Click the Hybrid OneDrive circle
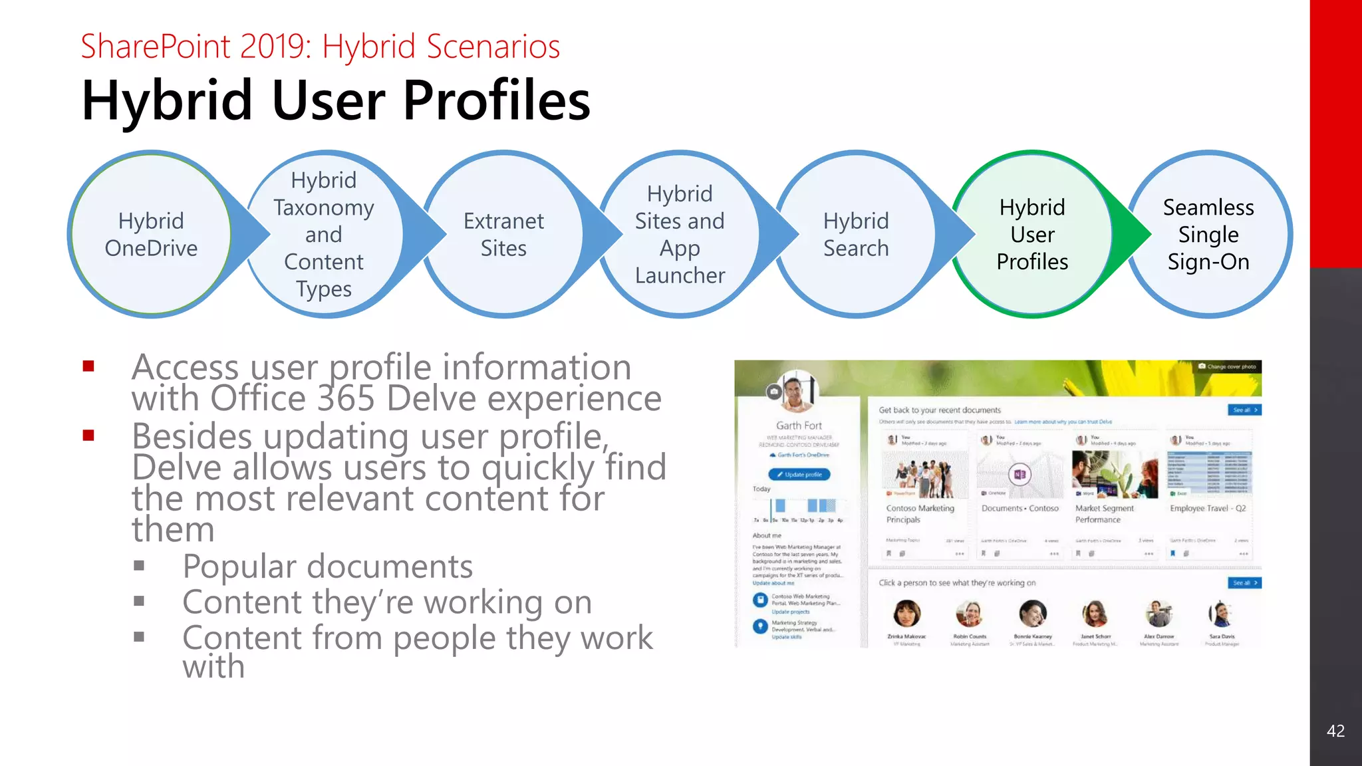tap(151, 234)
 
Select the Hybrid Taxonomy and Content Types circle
tap(324, 234)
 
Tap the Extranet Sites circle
tap(503, 234)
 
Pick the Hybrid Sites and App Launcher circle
tap(680, 234)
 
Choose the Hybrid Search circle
tap(856, 234)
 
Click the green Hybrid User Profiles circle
tap(1032, 234)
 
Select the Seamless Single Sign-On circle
tap(1208, 234)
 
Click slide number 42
tap(1335, 731)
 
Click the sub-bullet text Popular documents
tap(327, 567)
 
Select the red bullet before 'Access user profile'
tap(88, 366)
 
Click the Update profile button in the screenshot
tap(799, 475)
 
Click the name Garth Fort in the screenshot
tap(799, 426)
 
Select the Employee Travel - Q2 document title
tap(1208, 509)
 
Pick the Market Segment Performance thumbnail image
tap(1115, 474)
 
